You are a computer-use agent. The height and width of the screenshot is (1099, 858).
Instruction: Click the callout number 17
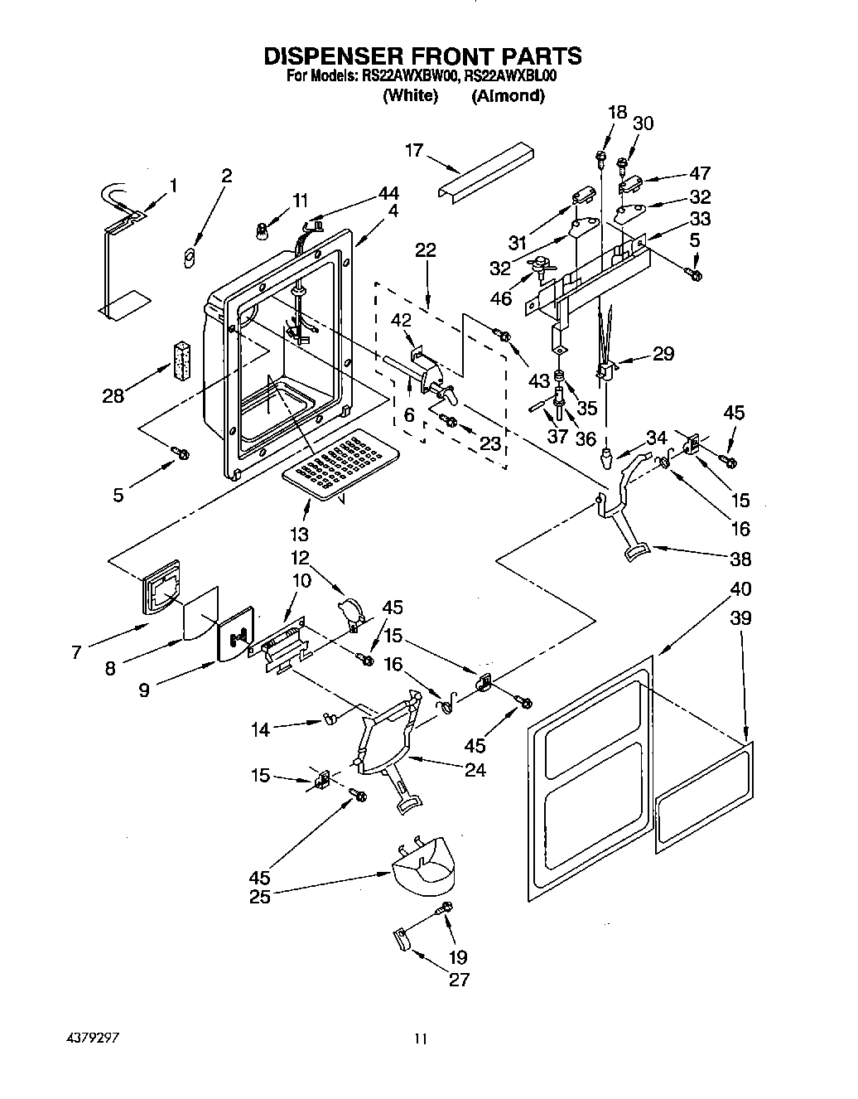(x=414, y=150)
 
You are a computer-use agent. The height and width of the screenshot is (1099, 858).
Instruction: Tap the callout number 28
(x=113, y=395)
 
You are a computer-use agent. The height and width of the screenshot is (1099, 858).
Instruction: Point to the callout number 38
(x=740, y=559)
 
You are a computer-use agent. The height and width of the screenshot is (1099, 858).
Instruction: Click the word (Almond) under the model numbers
(x=508, y=95)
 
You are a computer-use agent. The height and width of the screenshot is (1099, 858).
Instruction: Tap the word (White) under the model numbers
(x=410, y=95)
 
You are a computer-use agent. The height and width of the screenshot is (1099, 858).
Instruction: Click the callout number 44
(x=388, y=192)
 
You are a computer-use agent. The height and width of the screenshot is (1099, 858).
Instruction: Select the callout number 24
(x=475, y=770)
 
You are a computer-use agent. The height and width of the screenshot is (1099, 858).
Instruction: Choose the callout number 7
(x=76, y=652)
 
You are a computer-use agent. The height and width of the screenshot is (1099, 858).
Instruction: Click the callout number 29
(x=663, y=354)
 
